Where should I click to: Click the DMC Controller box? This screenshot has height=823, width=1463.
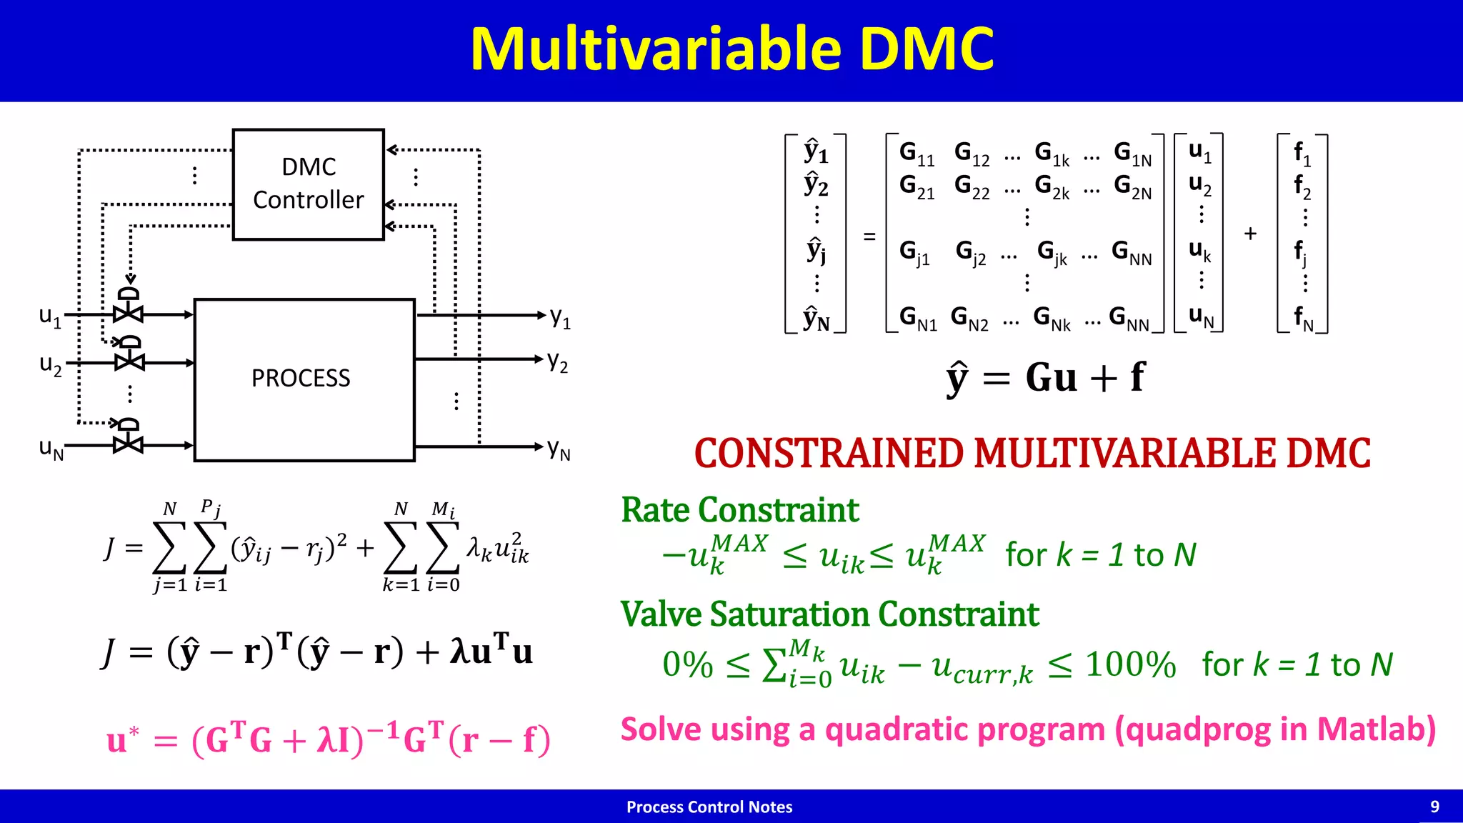click(308, 184)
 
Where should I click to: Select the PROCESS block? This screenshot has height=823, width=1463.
click(304, 379)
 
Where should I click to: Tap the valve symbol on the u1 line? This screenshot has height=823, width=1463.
click(129, 313)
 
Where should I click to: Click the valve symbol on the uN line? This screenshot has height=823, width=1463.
click(128, 444)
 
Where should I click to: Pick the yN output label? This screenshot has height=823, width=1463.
click(559, 449)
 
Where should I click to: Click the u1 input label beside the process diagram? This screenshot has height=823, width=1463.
click(50, 316)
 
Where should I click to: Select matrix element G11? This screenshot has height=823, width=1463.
click(917, 154)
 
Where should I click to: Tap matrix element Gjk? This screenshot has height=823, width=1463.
click(1052, 252)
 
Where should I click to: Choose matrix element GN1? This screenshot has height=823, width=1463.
click(917, 318)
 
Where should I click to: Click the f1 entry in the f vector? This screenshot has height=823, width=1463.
click(1302, 154)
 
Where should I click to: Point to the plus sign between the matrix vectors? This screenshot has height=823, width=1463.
click(1250, 234)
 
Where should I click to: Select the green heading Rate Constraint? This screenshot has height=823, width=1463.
click(739, 510)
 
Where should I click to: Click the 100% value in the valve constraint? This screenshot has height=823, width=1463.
click(1130, 665)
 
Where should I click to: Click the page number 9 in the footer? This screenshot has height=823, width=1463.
click(1434, 807)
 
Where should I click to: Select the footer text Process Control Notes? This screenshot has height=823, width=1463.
click(709, 807)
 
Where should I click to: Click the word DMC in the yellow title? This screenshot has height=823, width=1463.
click(925, 49)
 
